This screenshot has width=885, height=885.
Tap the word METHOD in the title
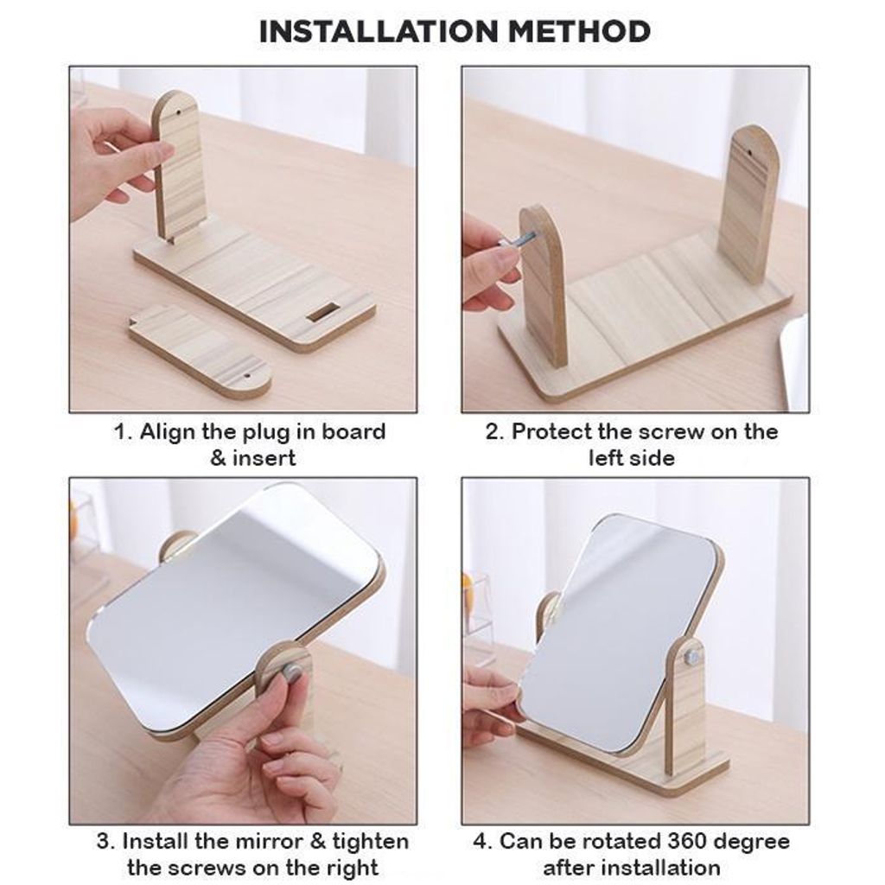click(580, 32)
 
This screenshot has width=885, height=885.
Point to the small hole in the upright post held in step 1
click(179, 113)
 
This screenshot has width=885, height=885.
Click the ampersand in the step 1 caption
click(218, 458)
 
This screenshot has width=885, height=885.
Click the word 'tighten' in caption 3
click(370, 842)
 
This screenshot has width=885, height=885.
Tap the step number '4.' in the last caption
click(483, 842)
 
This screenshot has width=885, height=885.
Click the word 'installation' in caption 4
click(657, 867)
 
